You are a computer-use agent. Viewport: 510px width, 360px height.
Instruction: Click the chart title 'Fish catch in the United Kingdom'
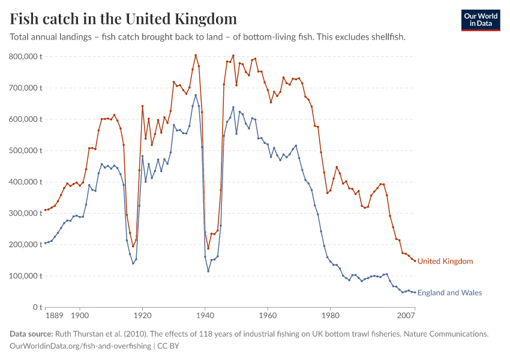[x=123, y=19]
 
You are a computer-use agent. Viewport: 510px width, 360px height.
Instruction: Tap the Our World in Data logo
[x=481, y=20]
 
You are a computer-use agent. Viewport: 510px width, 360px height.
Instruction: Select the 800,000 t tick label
[x=25, y=56]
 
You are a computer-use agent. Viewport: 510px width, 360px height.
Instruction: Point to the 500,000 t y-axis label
[x=25, y=151]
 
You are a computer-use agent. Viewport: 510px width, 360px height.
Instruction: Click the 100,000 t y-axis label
[x=25, y=276]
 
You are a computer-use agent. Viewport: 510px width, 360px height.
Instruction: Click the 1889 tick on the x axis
[x=53, y=314]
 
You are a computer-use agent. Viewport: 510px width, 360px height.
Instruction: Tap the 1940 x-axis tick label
[x=205, y=314]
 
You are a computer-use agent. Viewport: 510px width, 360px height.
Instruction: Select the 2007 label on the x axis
[x=406, y=314]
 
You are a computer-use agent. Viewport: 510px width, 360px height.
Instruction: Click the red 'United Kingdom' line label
[x=445, y=261]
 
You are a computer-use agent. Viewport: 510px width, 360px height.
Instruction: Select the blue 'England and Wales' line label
[x=449, y=293]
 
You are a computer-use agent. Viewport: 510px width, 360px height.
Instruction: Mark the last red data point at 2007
[x=415, y=260]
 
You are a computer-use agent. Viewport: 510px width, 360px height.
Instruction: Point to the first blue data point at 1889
[x=45, y=243]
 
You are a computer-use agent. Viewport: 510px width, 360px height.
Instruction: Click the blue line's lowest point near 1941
[x=208, y=271]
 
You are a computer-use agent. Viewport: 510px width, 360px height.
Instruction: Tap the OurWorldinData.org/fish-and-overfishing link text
[x=80, y=346]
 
